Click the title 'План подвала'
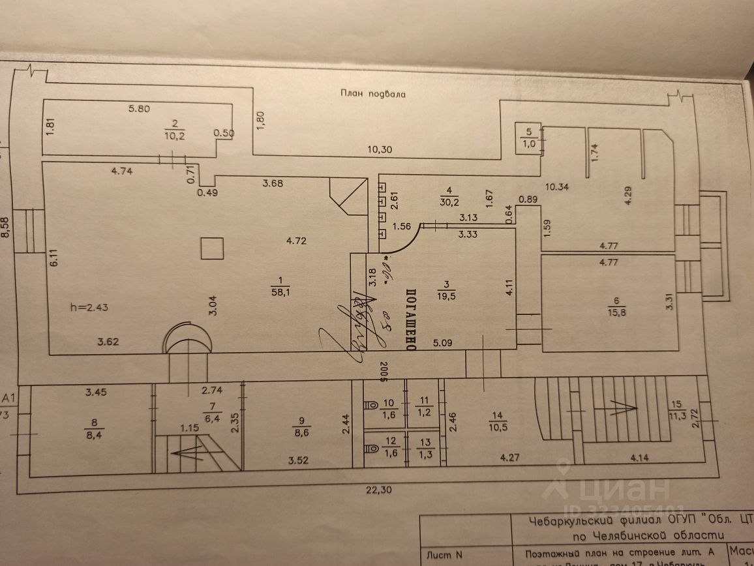pos(373,94)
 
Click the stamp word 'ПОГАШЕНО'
pos(411,320)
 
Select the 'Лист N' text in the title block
pos(444,555)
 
